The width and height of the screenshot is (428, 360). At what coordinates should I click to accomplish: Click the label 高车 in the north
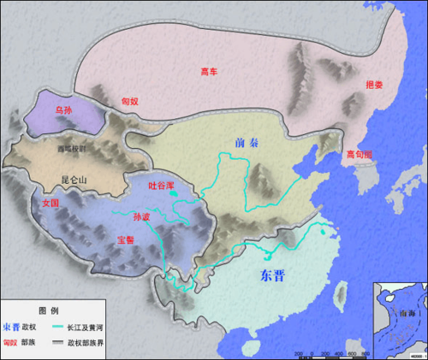[x=209, y=72]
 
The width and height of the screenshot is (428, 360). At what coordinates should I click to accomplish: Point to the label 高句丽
[x=360, y=154]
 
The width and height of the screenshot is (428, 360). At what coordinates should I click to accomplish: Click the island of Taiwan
[x=336, y=296]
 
